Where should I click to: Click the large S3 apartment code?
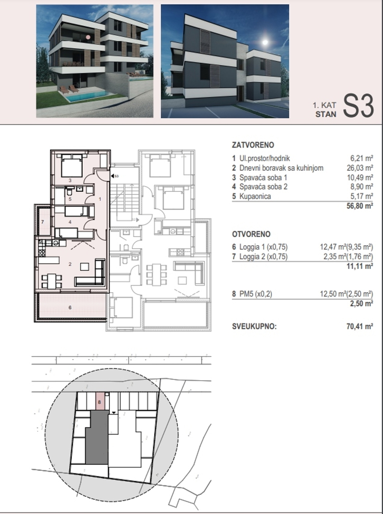(358, 106)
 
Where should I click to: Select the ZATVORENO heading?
(253, 145)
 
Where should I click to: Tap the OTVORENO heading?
(251, 234)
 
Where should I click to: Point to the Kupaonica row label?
(255, 197)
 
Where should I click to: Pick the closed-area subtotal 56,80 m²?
(360, 206)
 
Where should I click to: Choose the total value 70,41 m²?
(360, 326)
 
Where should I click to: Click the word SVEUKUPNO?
(254, 326)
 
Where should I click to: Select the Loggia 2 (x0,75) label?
(264, 257)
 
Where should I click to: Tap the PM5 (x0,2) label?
(255, 294)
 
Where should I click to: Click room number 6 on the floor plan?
(70, 307)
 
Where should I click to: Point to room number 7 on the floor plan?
(43, 222)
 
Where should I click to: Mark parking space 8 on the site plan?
(99, 401)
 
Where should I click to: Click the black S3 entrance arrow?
(112, 176)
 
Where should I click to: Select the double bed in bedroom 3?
(72, 166)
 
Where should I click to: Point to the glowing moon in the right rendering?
(265, 42)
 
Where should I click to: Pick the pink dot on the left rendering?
(88, 37)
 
